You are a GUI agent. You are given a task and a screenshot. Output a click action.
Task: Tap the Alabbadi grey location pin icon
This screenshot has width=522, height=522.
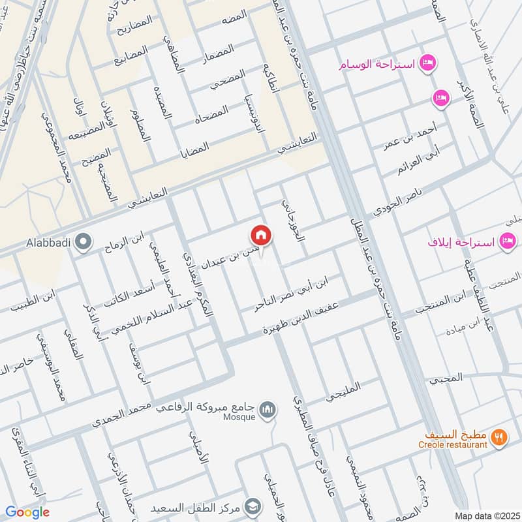click(82, 243)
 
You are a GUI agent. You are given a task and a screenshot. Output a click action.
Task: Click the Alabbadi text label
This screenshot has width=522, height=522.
click(46, 244)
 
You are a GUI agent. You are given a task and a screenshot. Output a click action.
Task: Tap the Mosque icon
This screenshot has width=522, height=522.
click(267, 409)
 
